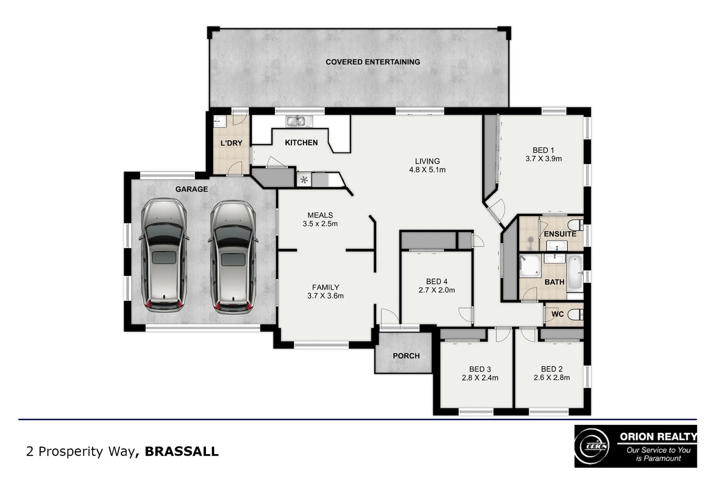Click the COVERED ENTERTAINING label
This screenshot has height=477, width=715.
[x=373, y=62]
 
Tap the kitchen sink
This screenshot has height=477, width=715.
[x=299, y=121]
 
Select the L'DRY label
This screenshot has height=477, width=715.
[x=231, y=143]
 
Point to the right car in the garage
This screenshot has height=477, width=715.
[x=232, y=257]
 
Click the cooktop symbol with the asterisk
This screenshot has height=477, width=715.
[x=304, y=180]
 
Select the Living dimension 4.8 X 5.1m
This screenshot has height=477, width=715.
[x=427, y=170]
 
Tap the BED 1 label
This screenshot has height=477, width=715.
[x=543, y=151]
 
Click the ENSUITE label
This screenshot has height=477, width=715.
[x=559, y=234]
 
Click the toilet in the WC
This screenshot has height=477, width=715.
[x=575, y=314]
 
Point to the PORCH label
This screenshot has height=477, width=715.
[x=406, y=356]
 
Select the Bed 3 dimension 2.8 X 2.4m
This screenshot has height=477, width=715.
[x=480, y=378]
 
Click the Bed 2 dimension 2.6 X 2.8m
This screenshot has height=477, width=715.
[x=551, y=378]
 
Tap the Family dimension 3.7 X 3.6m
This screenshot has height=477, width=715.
[x=325, y=296]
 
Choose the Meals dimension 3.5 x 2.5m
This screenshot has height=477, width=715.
[x=320, y=224]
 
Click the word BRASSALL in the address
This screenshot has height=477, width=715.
[x=182, y=451]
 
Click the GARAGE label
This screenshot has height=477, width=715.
[x=191, y=189]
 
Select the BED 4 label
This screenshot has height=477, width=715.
[x=437, y=282]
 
